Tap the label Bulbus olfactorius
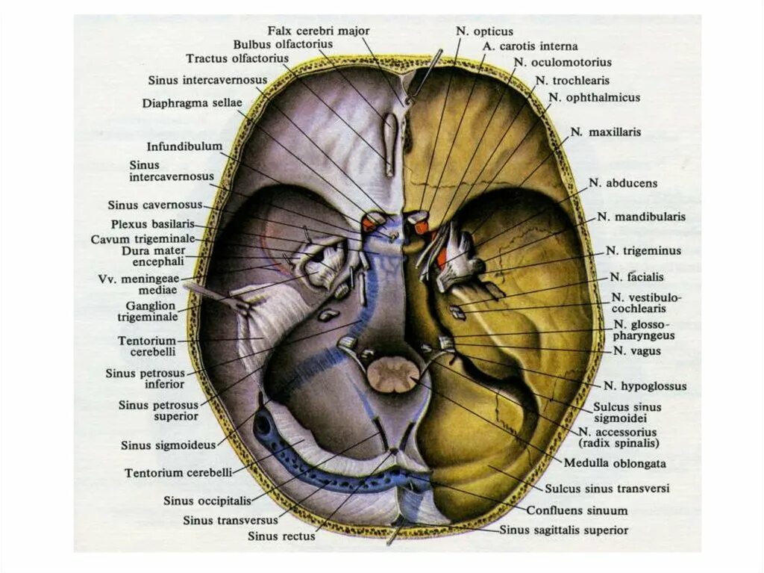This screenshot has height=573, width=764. (x=282, y=44)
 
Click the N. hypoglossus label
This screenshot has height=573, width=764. (x=645, y=386)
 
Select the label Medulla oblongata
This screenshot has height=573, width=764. (x=615, y=463)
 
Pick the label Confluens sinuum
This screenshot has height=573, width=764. (x=577, y=511)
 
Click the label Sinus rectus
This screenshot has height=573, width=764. (x=281, y=536)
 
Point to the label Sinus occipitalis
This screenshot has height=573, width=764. (x=207, y=501)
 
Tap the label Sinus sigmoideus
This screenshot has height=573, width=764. (x=168, y=445)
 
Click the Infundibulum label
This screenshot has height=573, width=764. (x=184, y=146)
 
